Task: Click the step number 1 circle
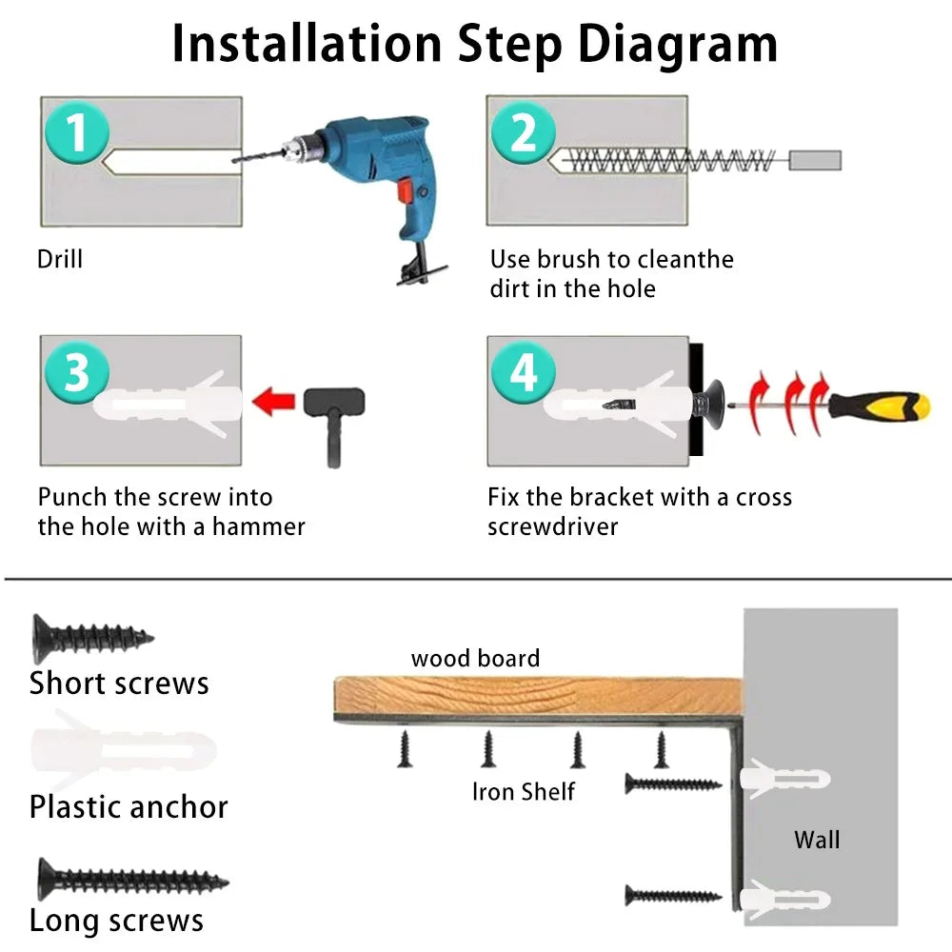tap(77, 131)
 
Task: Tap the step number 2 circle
tap(524, 131)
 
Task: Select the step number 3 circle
tap(77, 371)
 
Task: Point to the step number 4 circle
tap(524, 371)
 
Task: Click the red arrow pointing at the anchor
tap(273, 402)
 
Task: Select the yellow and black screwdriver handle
tap(880, 406)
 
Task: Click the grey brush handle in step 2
tap(815, 160)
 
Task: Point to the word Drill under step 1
tap(59, 259)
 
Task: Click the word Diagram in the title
tap(678, 45)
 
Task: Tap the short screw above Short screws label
tap(92, 638)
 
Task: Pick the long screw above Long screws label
tap(133, 879)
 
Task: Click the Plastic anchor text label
tap(129, 807)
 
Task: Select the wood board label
tap(475, 658)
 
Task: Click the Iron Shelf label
tap(524, 792)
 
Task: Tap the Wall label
tap(817, 840)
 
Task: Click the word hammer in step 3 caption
tap(259, 526)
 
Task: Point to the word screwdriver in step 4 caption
tap(552, 526)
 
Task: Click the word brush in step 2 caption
tap(569, 259)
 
